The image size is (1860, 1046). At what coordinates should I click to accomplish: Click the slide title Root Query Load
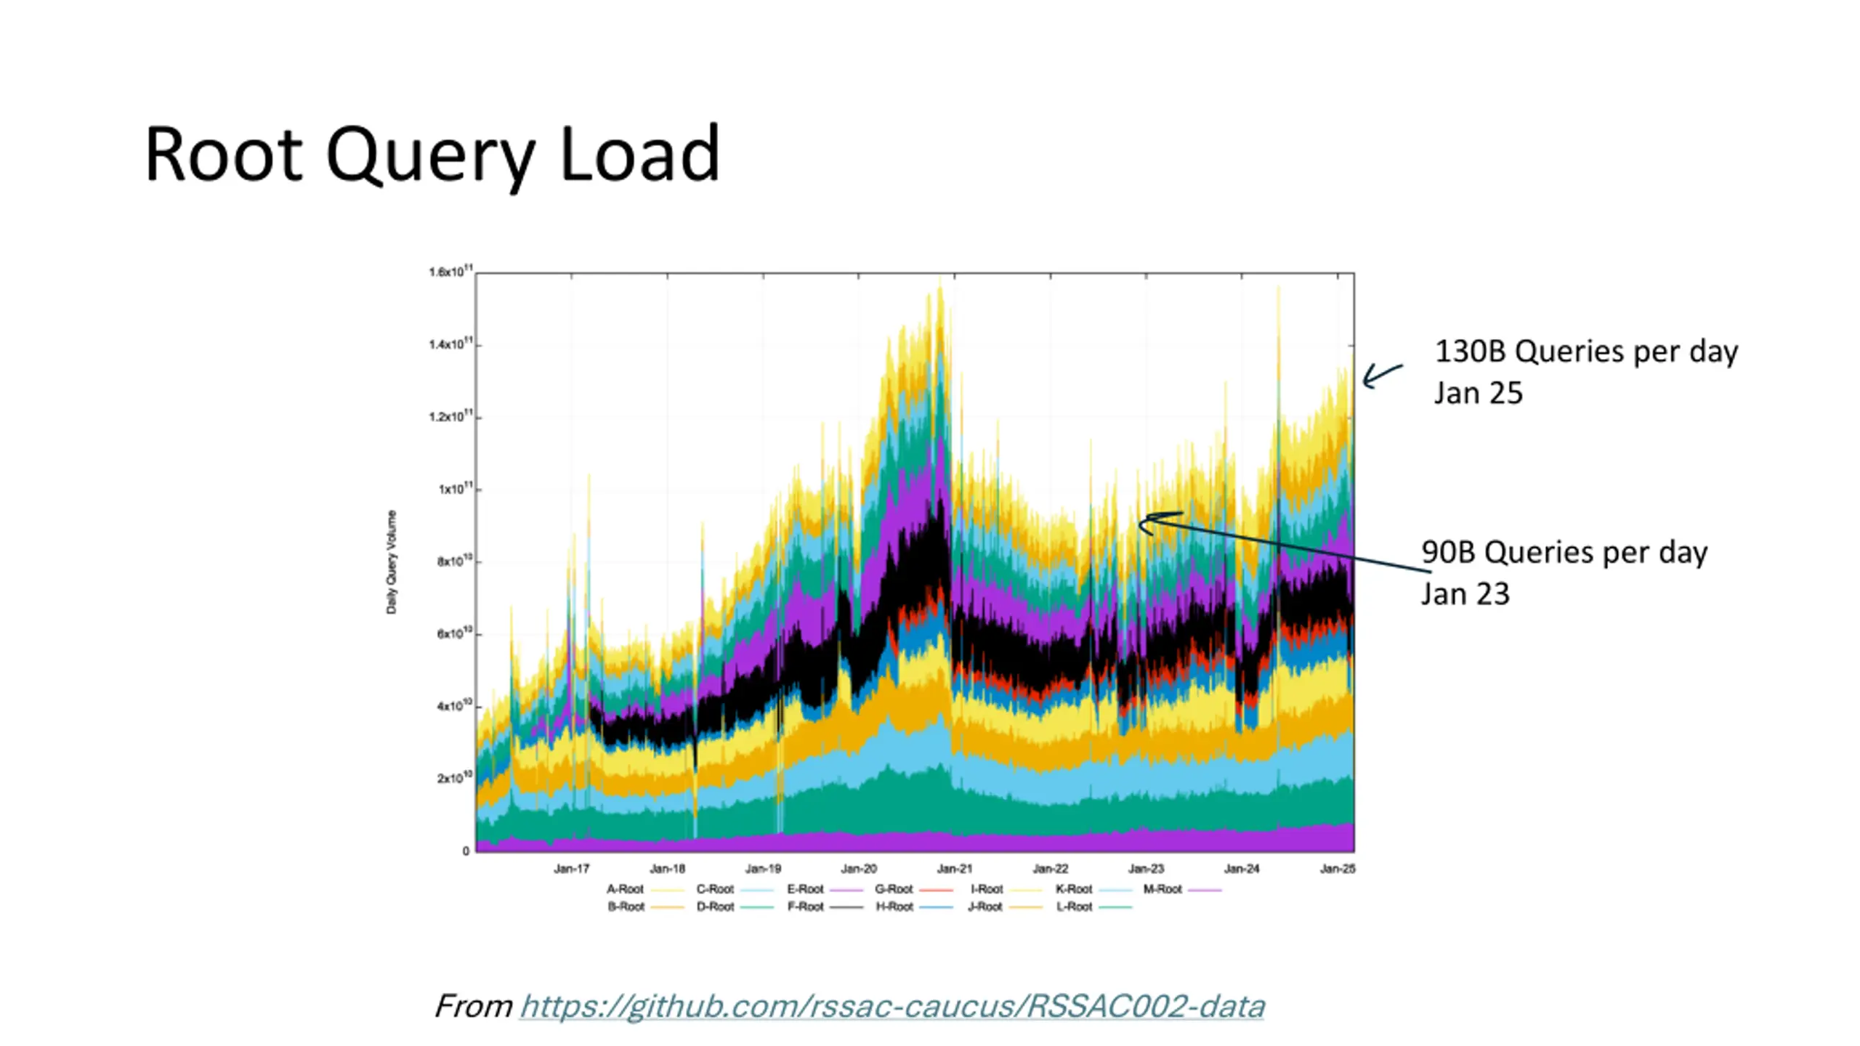pos(432,154)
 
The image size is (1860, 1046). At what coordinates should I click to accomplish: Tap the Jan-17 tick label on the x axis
pos(571,868)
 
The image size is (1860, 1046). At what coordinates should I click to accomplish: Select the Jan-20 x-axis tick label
pos(859,868)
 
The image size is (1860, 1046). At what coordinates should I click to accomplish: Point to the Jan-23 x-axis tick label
pos(1146,868)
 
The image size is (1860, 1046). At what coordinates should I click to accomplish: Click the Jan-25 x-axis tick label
pos(1337,868)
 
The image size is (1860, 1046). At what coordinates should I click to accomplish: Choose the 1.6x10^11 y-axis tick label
pos(450,272)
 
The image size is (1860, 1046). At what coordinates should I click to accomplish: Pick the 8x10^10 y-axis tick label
pos(454,561)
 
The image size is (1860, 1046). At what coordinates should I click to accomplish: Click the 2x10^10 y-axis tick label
pos(454,778)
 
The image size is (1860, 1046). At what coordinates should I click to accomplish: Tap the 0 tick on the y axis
pos(466,851)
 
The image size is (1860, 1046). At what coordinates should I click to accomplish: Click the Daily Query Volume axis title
pos(392,561)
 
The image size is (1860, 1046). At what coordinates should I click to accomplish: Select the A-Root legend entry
pos(626,888)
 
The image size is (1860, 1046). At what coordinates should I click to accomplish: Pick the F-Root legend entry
pos(806,907)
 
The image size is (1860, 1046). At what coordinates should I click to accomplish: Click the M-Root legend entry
pos(1162,888)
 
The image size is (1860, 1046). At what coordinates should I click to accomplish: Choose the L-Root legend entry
pos(1075,907)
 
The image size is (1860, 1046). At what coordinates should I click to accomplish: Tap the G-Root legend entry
pos(894,888)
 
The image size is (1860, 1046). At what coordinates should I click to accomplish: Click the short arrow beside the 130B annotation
pos(1382,375)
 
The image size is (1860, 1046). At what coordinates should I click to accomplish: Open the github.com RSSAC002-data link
pos(892,1006)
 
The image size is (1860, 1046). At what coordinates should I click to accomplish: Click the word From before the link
pos(474,1006)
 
